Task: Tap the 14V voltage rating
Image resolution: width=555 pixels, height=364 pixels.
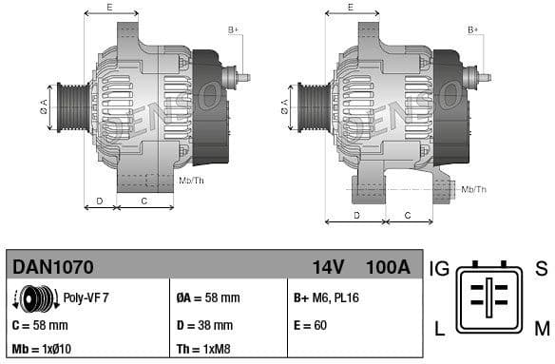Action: tap(328, 267)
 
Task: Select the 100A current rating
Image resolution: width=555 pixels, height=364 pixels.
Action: tap(388, 267)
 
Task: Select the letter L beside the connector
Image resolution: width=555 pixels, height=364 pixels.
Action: tap(439, 330)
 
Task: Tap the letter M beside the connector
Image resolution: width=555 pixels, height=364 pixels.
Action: tap(542, 330)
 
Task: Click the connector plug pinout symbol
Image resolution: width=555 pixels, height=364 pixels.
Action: tap(489, 298)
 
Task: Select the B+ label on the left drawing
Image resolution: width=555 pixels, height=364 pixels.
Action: tap(234, 30)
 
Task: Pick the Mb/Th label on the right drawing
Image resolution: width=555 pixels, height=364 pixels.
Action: tap(473, 190)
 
